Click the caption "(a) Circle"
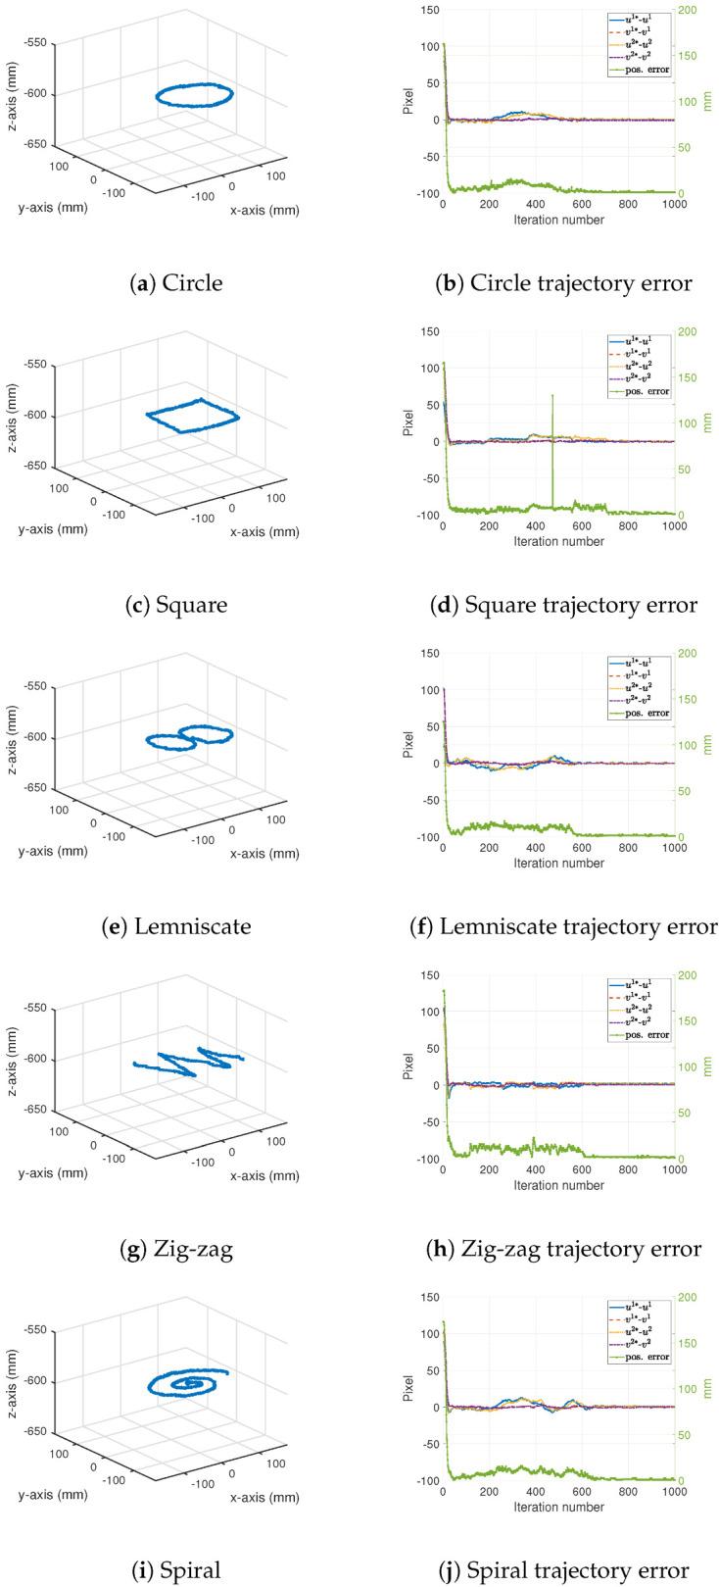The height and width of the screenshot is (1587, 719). [179, 283]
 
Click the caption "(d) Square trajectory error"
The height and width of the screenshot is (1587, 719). [564, 605]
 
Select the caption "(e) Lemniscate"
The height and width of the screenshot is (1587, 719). [179, 926]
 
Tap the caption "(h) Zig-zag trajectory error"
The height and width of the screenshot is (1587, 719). [565, 1248]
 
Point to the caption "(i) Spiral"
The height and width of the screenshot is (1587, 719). [179, 1569]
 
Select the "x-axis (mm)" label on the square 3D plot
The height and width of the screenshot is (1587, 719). [264, 531]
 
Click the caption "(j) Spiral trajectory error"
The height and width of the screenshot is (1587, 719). [565, 1569]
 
